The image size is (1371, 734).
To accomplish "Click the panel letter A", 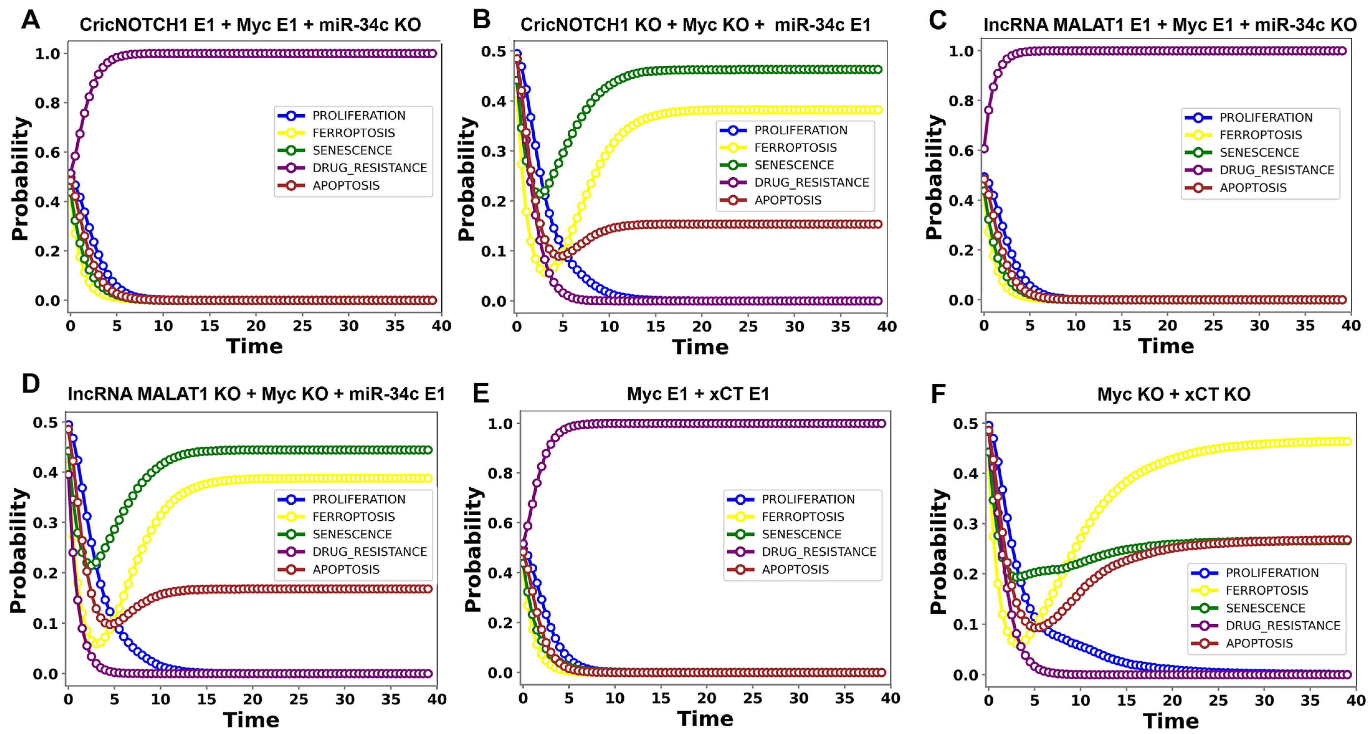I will [x=30, y=20].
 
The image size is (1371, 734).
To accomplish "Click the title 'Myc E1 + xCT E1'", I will [x=698, y=394].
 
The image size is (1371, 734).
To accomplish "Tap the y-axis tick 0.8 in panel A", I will [x=47, y=103].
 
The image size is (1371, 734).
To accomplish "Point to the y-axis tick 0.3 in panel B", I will [x=493, y=151].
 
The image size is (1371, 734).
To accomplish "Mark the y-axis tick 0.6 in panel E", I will [x=500, y=523].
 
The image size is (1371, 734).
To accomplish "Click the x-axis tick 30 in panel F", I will [x=1264, y=700].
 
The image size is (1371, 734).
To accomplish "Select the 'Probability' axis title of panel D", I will [x=19, y=550].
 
